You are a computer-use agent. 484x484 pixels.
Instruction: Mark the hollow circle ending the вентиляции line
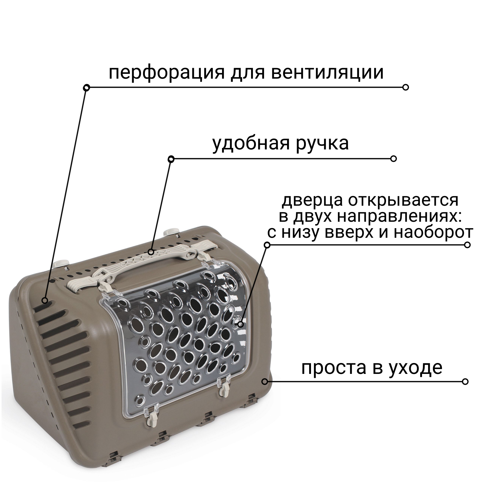(406, 87)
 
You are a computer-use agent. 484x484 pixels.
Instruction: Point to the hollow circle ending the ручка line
(394, 159)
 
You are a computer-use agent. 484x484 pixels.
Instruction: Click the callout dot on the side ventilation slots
(45, 300)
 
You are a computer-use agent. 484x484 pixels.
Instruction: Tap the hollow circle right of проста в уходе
(465, 381)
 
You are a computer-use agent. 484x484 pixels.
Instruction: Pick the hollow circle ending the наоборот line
(467, 245)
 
